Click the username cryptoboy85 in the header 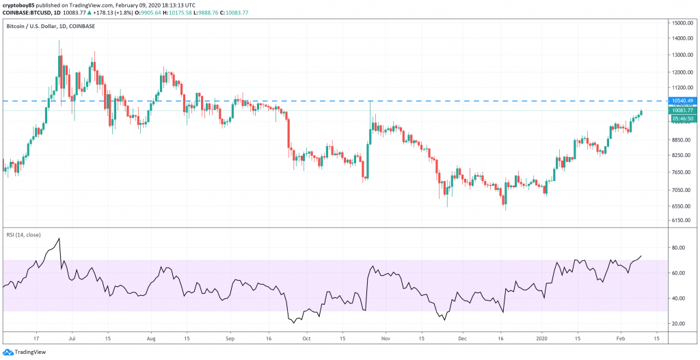tap(21, 4)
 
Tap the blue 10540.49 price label tap(681, 101)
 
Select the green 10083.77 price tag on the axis tap(681, 110)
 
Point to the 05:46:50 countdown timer tap(681, 118)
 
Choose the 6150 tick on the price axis tap(679, 220)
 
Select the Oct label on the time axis tap(307, 337)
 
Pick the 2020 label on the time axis tap(542, 337)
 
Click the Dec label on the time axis tap(462, 337)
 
